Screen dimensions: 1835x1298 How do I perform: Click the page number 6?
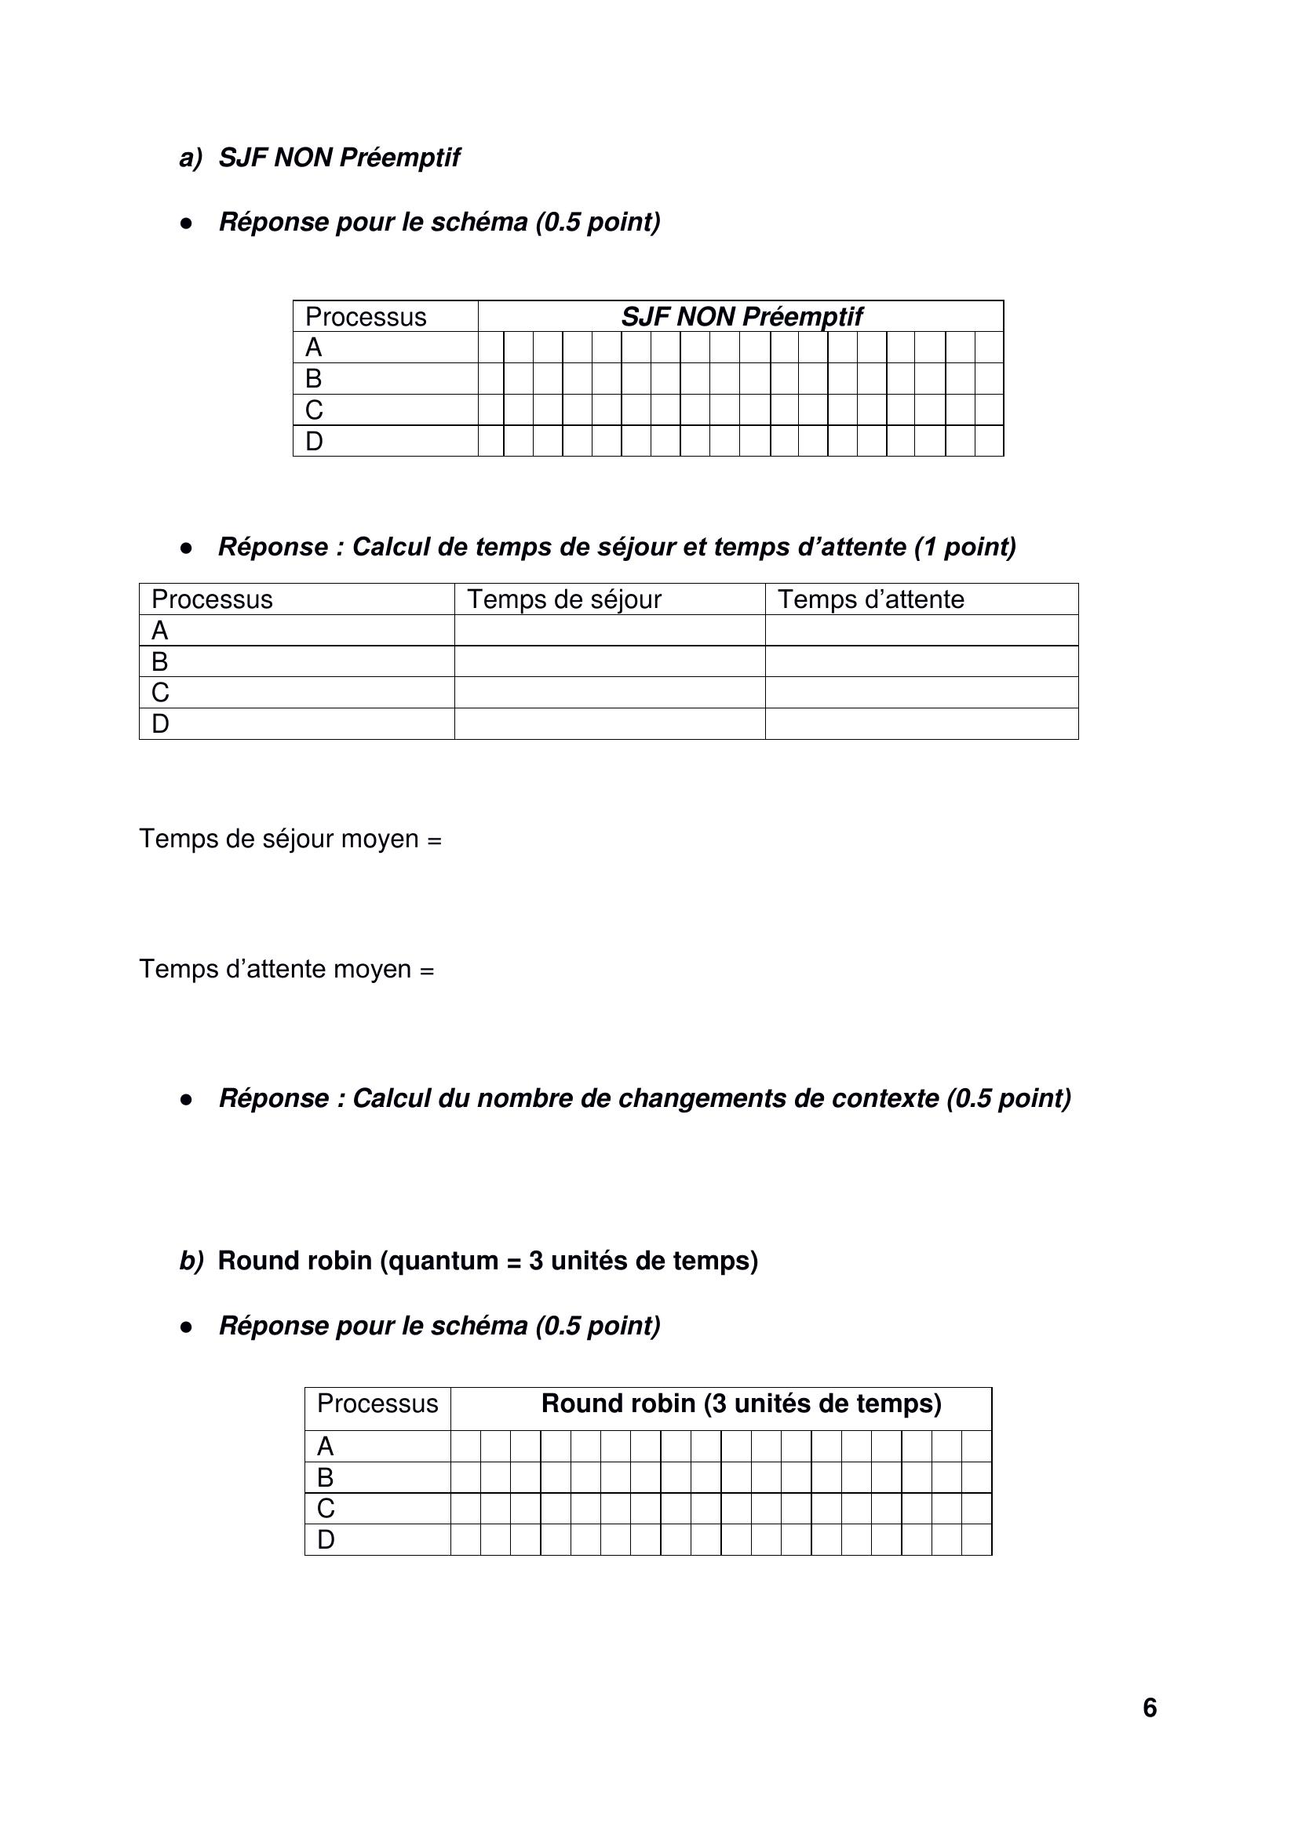click(1150, 1707)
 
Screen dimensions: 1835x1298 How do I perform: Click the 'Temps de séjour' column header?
click(564, 599)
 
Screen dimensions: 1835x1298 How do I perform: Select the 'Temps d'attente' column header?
click(871, 599)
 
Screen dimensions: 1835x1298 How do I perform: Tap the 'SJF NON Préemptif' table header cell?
click(741, 316)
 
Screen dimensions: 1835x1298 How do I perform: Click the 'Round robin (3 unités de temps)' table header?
click(741, 1404)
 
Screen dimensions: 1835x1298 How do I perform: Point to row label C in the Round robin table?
click(326, 1508)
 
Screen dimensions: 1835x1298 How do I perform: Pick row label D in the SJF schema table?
click(314, 441)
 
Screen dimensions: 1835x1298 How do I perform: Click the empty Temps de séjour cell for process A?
click(609, 631)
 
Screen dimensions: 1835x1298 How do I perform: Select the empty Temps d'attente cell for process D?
click(921, 724)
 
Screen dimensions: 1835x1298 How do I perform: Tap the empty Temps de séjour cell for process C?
click(609, 693)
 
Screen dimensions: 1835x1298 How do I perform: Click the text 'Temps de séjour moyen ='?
click(290, 839)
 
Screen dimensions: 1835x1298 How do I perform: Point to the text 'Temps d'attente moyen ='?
click(287, 970)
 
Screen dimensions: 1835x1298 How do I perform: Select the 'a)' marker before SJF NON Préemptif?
click(191, 158)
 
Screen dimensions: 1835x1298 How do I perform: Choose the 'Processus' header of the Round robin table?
click(377, 1404)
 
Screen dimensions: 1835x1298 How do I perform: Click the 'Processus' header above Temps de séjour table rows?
click(212, 599)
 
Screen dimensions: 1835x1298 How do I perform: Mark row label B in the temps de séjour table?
click(160, 662)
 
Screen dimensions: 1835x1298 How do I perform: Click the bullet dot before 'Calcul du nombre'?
click(187, 1100)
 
